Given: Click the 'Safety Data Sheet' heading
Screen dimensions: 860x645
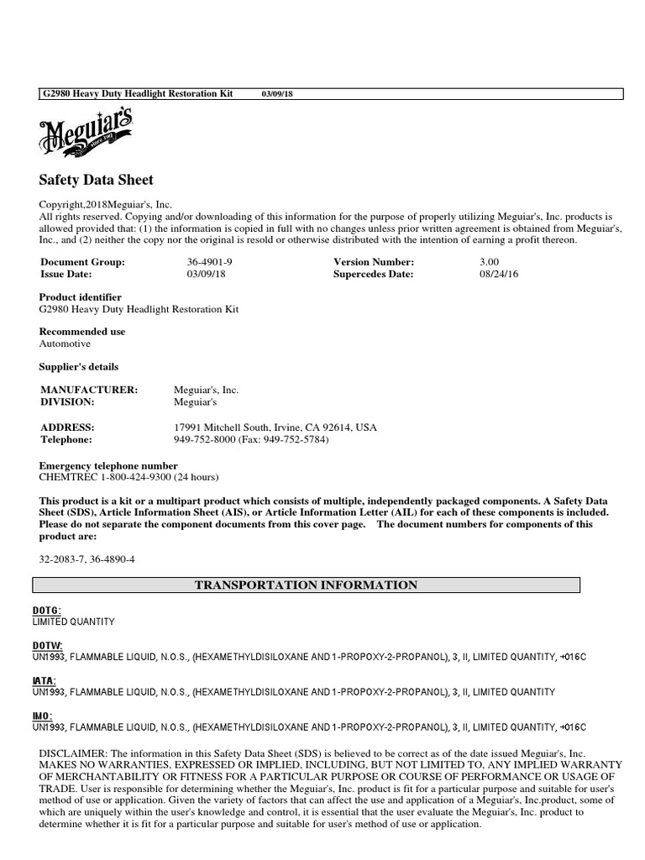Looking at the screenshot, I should pos(97,180).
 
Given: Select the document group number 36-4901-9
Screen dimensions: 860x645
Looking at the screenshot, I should pos(209,262).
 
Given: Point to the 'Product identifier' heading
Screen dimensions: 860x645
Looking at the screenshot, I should pos(81,297).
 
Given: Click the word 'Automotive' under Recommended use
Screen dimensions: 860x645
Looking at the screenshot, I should pos(65,343).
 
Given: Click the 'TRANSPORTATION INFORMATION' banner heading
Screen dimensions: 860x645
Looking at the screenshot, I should pos(306,585).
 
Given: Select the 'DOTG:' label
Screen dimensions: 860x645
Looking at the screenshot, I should pos(47,611).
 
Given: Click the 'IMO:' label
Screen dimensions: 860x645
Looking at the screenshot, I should pos(43,716).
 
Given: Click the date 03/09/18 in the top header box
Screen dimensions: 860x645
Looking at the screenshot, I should pos(278,93).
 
